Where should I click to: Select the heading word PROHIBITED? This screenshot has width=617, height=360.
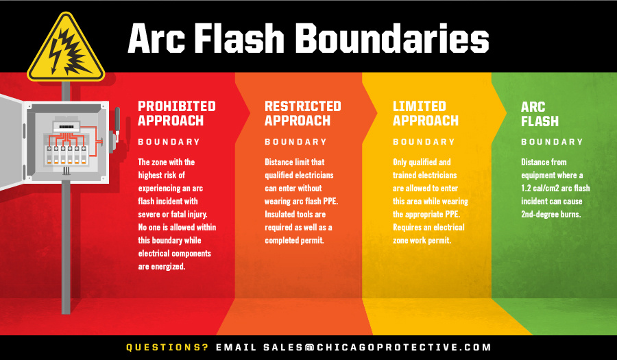click(176, 106)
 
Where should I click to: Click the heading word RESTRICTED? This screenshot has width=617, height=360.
click(302, 106)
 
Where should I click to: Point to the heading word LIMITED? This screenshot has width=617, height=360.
click(419, 106)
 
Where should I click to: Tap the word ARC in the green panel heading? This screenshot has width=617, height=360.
click(533, 107)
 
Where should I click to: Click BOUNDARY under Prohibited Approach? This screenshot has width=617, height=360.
click(169, 142)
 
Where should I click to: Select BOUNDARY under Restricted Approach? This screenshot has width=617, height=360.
click(295, 142)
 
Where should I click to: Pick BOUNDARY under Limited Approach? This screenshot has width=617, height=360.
click(424, 142)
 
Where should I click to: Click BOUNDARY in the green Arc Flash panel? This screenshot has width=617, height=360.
click(552, 142)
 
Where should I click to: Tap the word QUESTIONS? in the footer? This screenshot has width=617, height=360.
click(167, 347)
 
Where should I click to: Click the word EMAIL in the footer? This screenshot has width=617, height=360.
click(236, 347)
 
